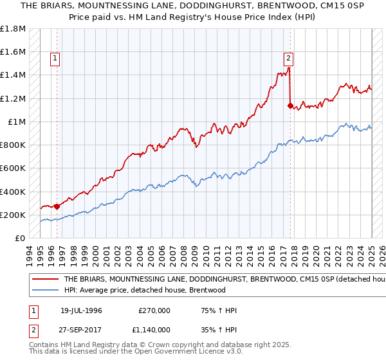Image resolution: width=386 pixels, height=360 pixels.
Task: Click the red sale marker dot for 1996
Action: coord(57,206)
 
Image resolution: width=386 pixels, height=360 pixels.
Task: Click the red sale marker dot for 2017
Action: coord(290,105)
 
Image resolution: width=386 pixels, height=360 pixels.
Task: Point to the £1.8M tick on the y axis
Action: coord(13,29)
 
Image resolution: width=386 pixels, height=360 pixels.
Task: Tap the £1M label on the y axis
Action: coord(17,122)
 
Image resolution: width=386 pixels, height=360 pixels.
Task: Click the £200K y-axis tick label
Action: coord(13,215)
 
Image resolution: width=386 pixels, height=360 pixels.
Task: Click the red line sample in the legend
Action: coord(45,280)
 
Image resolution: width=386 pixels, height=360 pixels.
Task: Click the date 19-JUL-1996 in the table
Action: coord(81,310)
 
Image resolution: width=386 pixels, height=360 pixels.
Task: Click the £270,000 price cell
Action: coord(154,310)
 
